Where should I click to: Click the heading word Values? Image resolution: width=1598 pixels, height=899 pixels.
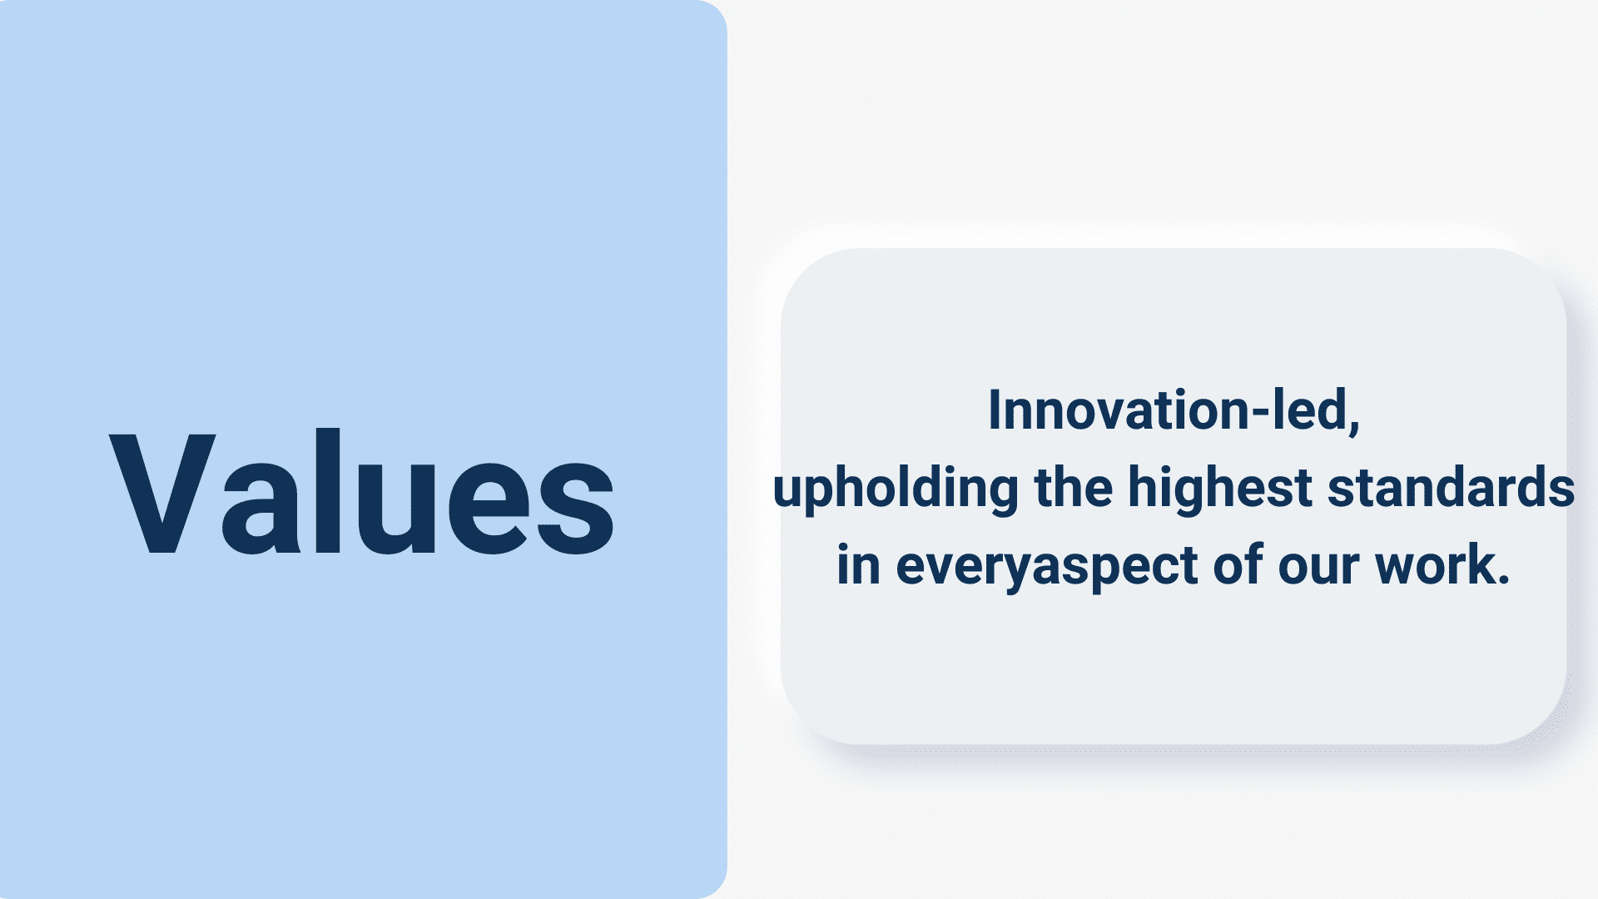tap(362, 493)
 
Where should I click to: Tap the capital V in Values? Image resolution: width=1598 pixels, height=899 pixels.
tap(162, 493)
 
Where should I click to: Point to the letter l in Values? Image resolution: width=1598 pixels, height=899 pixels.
tap(328, 491)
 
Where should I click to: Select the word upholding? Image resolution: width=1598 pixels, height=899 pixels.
tap(896, 489)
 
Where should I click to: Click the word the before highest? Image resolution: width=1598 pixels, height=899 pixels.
tap(1074, 487)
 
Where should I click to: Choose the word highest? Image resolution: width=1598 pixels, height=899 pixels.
tap(1220, 489)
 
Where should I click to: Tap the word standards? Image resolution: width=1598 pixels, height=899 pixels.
tap(1451, 487)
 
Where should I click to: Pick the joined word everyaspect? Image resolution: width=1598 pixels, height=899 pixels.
tap(1047, 567)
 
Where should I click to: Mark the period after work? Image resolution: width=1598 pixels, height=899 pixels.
tap(1503, 580)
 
